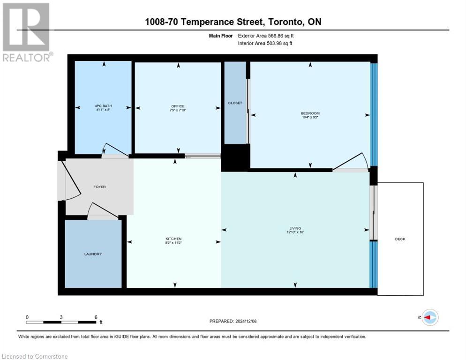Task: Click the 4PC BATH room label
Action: coord(103,106)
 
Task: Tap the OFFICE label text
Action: coord(178,106)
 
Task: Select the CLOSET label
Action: coord(235,103)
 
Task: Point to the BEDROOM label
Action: coord(310,113)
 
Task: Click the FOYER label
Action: coord(99,187)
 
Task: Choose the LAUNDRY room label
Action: coord(93,254)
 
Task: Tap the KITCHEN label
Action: coord(173,239)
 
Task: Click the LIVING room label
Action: coord(295,228)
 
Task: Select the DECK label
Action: coord(400,239)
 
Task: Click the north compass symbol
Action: coord(429,317)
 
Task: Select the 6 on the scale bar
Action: coord(96,317)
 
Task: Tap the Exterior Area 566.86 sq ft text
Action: coord(266,35)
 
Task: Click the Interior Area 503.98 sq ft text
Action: coord(265,44)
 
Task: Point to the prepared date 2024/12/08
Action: coord(233,321)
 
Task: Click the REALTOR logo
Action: coord(26,32)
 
